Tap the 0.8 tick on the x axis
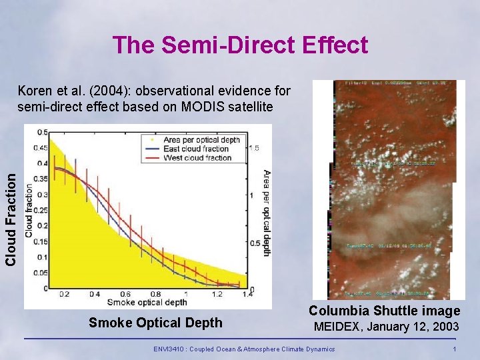[155, 294]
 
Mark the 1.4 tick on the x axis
[247, 294]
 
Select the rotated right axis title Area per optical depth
[266, 212]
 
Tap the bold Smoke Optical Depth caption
[155, 323]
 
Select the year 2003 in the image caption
[445, 327]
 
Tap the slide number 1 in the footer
[454, 349]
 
